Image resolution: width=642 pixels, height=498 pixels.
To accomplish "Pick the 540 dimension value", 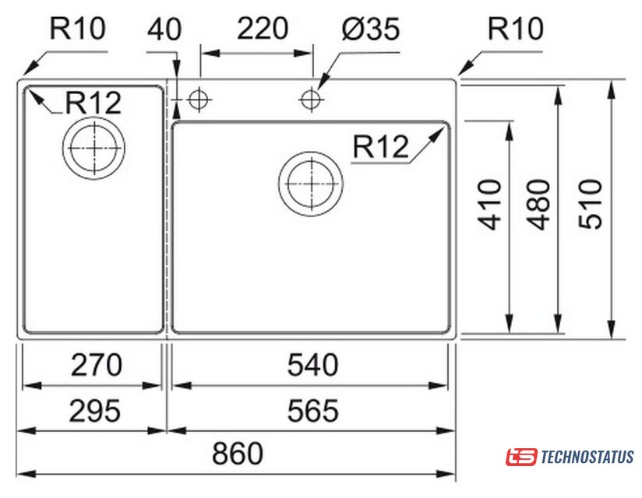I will coord(312,364).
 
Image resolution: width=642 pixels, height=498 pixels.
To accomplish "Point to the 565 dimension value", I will coord(312,410).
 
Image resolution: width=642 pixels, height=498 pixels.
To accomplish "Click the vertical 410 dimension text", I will coord(490,205).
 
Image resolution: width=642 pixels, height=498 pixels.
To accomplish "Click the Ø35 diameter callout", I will coord(369,30).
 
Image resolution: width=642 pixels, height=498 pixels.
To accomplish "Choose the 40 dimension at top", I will coord(164,30).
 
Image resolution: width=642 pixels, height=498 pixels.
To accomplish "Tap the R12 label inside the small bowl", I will coord(93,101).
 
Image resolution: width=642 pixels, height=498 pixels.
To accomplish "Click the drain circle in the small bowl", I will coord(94,148).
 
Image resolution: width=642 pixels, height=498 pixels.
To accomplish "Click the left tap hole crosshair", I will coord(197,99).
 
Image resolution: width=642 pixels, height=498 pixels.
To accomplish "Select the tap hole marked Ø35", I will coord(312,99).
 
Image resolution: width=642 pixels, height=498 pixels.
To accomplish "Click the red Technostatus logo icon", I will coord(521,456).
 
